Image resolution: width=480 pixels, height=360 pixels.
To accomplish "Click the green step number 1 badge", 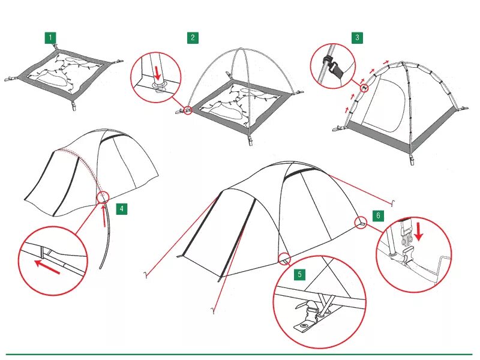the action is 50,38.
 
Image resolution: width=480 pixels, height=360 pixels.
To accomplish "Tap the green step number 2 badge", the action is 193,38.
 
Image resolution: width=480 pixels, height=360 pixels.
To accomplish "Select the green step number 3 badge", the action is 357,38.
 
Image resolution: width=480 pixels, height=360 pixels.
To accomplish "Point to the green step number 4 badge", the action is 122,209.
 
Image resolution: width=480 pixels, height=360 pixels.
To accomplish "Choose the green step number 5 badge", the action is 299,274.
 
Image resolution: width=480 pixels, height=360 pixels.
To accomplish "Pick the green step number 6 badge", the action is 378,216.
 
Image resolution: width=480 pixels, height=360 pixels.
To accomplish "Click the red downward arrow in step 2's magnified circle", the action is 158,73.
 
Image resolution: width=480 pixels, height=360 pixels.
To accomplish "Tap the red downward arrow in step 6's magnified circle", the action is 418,232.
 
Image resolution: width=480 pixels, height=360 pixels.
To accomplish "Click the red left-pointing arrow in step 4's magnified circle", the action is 47,267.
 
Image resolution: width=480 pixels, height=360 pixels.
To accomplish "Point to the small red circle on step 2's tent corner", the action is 188,110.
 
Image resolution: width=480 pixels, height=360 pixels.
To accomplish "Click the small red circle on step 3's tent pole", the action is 364,88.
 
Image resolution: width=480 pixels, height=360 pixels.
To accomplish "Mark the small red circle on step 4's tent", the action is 103,197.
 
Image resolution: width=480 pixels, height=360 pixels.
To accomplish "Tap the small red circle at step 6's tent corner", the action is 361,223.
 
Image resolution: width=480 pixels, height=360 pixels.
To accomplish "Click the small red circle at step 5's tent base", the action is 284,259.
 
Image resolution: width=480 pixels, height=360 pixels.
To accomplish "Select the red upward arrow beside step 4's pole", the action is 104,216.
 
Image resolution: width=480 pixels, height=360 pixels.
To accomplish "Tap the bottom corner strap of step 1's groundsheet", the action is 74,104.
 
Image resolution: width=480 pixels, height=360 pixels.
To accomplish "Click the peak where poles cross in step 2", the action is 241,49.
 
